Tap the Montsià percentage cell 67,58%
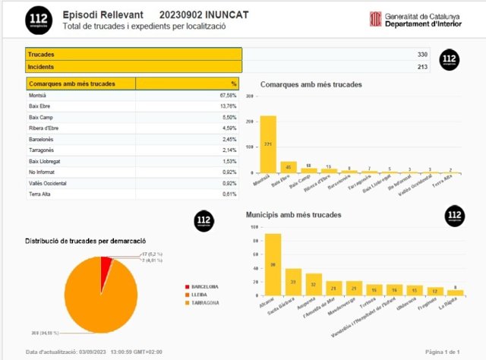pos(228,96)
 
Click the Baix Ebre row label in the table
pos(39,107)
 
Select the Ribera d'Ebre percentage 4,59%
pos(229,129)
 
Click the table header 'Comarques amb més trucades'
pos(71,83)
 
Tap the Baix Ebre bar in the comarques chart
pos(289,167)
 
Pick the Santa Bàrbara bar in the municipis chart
pos(293,282)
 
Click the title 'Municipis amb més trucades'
pos(293,215)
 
